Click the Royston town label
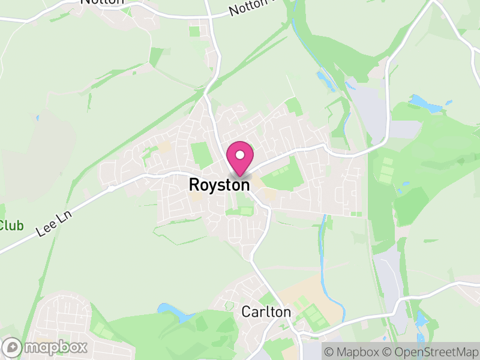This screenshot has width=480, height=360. point(219,185)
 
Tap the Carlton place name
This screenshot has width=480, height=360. point(266,312)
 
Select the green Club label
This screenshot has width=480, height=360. point(11,226)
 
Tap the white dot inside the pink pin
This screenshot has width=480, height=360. point(239,155)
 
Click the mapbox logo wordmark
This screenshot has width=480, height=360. point(55,347)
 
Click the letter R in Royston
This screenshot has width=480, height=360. point(194,185)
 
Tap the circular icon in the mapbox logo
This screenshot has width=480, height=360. point(13,347)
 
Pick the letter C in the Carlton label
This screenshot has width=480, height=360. point(246,312)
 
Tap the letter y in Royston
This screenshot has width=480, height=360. point(212,187)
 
